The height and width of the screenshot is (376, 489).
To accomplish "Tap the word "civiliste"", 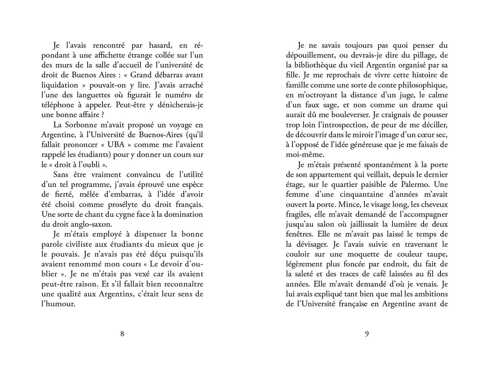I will (x=80, y=244).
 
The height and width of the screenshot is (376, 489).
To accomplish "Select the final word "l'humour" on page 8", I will (x=58, y=304).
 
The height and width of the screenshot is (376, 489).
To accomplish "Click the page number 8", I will (x=122, y=334).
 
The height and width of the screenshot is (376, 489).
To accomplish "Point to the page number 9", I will (x=367, y=334).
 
